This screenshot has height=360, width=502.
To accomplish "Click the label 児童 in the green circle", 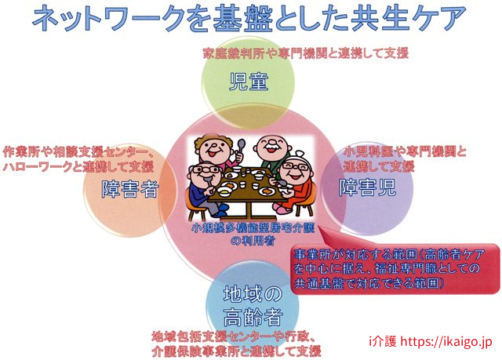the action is pos(249,82).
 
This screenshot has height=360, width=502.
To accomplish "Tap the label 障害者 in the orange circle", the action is pos(129,189).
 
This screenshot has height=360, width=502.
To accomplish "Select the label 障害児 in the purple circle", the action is pos(368,187).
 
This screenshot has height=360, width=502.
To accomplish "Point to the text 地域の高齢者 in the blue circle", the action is pos(253,306).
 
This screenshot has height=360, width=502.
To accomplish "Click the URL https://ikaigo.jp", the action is pos(446,341).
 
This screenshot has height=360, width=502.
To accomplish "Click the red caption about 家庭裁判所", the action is pos(306,53).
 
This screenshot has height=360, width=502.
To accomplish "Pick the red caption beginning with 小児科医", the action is pos(405,158).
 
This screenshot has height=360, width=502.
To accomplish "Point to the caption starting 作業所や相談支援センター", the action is pos(78,159).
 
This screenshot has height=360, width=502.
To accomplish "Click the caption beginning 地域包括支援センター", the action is pos(236,344).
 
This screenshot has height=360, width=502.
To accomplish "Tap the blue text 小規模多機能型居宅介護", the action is pos(253,228).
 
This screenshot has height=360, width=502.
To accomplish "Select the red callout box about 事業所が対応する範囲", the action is pos(395,268).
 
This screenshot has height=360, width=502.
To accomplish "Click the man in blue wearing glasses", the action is pos(204,189).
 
